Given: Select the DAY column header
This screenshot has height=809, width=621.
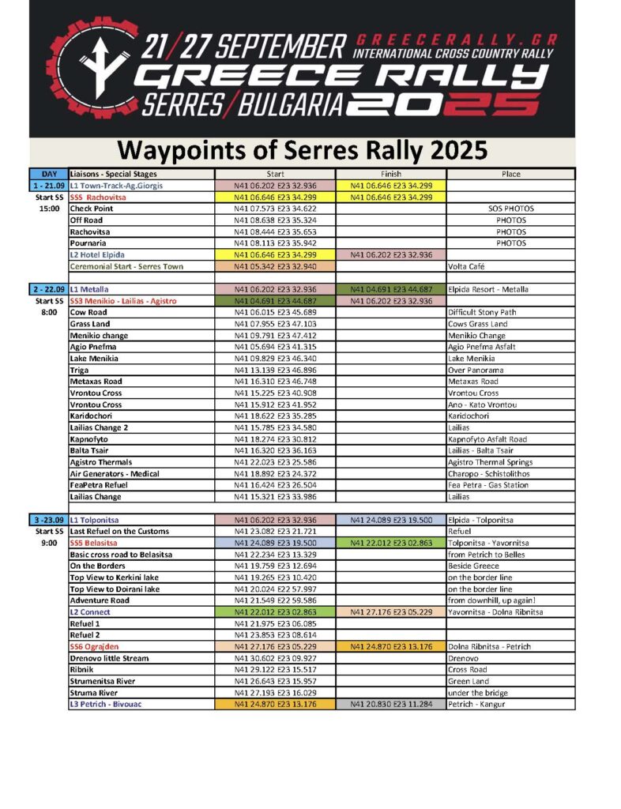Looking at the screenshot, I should pyautogui.click(x=47, y=174).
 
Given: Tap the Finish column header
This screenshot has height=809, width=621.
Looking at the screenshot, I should pyautogui.click(x=390, y=174).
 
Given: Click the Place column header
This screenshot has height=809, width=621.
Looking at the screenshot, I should pyautogui.click(x=510, y=174).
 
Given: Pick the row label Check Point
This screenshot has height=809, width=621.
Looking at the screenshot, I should pyautogui.click(x=92, y=209).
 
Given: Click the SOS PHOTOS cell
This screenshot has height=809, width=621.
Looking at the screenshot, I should pyautogui.click(x=510, y=209).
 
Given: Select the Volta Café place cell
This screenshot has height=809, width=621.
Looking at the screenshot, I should pyautogui.click(x=470, y=266).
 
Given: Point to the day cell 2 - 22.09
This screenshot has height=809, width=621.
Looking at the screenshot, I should pyautogui.click(x=47, y=289).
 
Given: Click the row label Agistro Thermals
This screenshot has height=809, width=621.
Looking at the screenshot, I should pyautogui.click(x=100, y=462).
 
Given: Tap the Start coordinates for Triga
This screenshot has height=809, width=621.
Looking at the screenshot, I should pyautogui.click(x=276, y=370).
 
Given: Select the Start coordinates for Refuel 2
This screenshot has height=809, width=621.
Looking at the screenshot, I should pyautogui.click(x=276, y=635).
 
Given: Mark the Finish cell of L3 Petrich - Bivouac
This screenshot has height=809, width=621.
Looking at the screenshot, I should pyautogui.click(x=390, y=704).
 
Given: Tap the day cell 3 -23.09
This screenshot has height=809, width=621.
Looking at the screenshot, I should pyautogui.click(x=47, y=520).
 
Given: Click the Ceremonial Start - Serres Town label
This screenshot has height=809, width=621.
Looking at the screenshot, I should pyautogui.click(x=126, y=266).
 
